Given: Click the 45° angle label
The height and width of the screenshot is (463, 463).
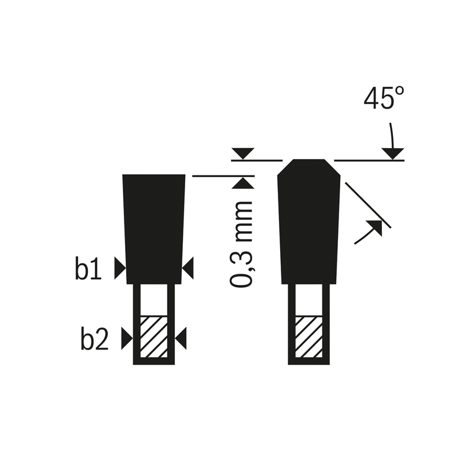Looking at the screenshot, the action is [x=384, y=98].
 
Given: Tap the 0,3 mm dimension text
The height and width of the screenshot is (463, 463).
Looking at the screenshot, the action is [x=241, y=244].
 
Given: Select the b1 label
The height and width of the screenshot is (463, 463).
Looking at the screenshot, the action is [x=88, y=269].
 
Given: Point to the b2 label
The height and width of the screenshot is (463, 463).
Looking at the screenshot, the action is [x=94, y=339].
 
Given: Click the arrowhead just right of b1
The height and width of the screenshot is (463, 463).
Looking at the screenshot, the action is [x=120, y=268].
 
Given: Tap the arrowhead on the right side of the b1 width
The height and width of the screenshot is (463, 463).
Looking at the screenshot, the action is [x=188, y=268].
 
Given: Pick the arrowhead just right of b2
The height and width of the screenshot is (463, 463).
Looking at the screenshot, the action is [x=127, y=339].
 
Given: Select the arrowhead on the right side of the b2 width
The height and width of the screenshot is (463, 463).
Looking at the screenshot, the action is [x=181, y=339].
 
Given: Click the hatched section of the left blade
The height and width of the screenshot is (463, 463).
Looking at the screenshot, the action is [x=154, y=337].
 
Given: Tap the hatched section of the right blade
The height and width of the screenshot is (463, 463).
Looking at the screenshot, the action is [x=309, y=337].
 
